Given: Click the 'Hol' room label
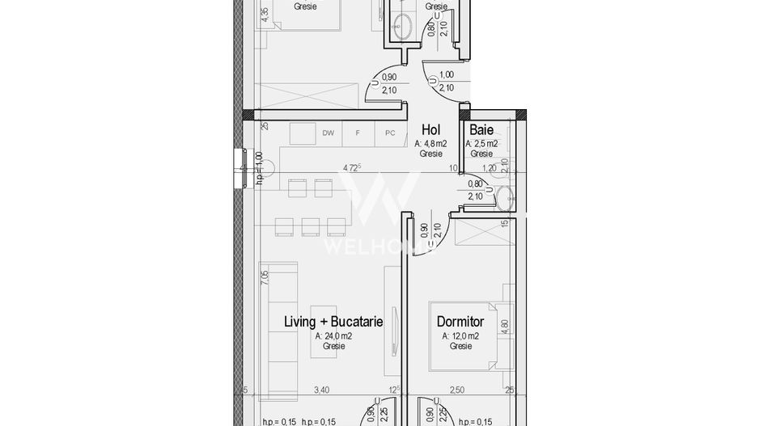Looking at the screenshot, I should (x=430, y=129).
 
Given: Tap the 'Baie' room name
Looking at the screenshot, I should (x=481, y=129).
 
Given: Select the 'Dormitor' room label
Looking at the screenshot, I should (x=460, y=321).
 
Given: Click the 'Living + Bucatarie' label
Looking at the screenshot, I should (x=333, y=321).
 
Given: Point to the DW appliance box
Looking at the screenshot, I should (x=328, y=133).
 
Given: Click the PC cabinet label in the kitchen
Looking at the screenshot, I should (x=390, y=133).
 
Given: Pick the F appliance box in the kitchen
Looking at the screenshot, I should (x=358, y=133).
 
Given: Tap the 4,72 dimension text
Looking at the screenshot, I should (x=352, y=168).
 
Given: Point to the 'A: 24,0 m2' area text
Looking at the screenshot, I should (x=333, y=335).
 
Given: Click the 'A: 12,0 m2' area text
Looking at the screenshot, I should (x=460, y=335).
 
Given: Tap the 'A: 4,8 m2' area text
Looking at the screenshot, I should (x=430, y=143).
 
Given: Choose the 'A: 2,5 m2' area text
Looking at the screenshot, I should (x=481, y=143).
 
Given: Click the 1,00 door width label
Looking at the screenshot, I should (x=446, y=74).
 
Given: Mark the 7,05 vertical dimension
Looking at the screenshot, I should (x=265, y=278).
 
